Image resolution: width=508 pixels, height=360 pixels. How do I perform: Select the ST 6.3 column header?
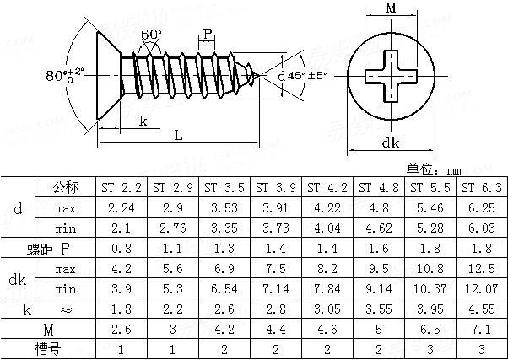pyautogui.click(x=483, y=186)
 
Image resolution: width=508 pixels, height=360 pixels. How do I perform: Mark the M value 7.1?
pyautogui.click(x=483, y=330)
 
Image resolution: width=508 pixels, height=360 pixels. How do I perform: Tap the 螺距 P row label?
pyautogui.click(x=49, y=248)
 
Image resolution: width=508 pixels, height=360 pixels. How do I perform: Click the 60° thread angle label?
pyautogui.click(x=152, y=35)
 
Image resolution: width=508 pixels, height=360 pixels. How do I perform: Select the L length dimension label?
pyautogui.click(x=178, y=135)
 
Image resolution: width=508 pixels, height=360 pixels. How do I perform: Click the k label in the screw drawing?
pyautogui.click(x=143, y=121)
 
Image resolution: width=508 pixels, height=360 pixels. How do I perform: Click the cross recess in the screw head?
pyautogui.click(x=390, y=77)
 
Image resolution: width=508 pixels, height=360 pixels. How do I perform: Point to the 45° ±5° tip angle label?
pyautogui.click(x=304, y=76)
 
